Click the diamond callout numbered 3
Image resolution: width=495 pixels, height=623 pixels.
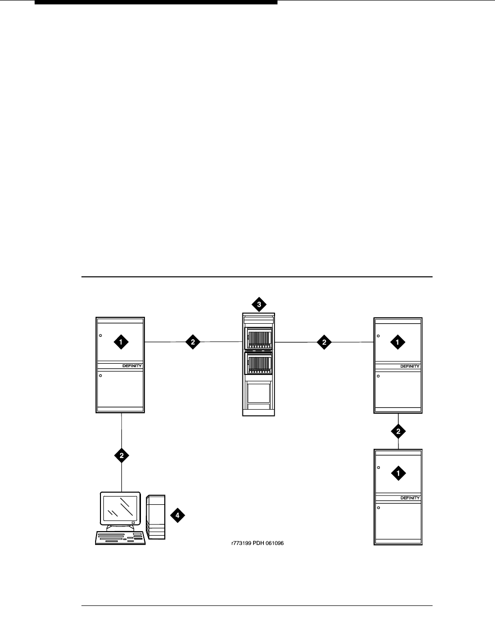click(259, 305)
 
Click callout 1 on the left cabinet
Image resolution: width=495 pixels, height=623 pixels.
click(120, 342)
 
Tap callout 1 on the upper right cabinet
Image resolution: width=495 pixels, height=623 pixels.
click(398, 343)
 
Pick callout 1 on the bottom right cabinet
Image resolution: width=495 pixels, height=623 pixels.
click(398, 473)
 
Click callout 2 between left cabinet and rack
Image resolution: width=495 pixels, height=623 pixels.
click(193, 342)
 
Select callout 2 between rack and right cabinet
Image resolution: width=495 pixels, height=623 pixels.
click(324, 342)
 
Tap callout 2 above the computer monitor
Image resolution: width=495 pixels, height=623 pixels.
click(121, 456)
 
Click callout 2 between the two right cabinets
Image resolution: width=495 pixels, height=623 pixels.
click(398, 431)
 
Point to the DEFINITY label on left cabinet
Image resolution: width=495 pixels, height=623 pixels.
click(132, 366)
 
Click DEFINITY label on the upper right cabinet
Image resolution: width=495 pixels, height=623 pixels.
click(410, 366)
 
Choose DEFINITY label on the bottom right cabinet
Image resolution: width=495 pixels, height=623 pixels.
click(410, 498)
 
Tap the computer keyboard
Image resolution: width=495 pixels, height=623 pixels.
click(120, 538)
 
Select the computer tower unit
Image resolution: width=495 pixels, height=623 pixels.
click(156, 517)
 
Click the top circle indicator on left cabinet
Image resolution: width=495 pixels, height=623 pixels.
click(100, 336)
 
